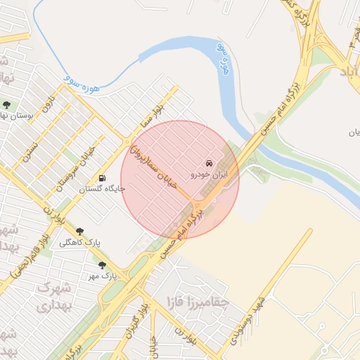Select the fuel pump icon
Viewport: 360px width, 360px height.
coord(103,179)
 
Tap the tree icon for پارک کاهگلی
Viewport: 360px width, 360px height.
coord(79,231)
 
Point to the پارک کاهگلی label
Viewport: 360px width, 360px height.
coord(79,242)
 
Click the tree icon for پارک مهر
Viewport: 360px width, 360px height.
coord(103,265)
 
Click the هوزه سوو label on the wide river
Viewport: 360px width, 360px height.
coord(224,58)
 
